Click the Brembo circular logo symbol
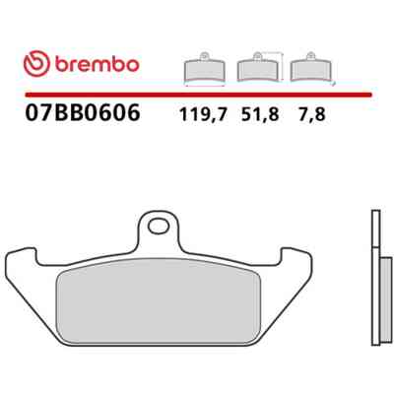tap(36, 64)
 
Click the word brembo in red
tap(98, 64)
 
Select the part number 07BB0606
tap(83, 112)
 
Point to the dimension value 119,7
tap(203, 114)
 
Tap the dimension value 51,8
tap(260, 114)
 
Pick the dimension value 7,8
tap(311, 114)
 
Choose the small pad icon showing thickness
tap(310, 67)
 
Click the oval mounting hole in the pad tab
tap(159, 227)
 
